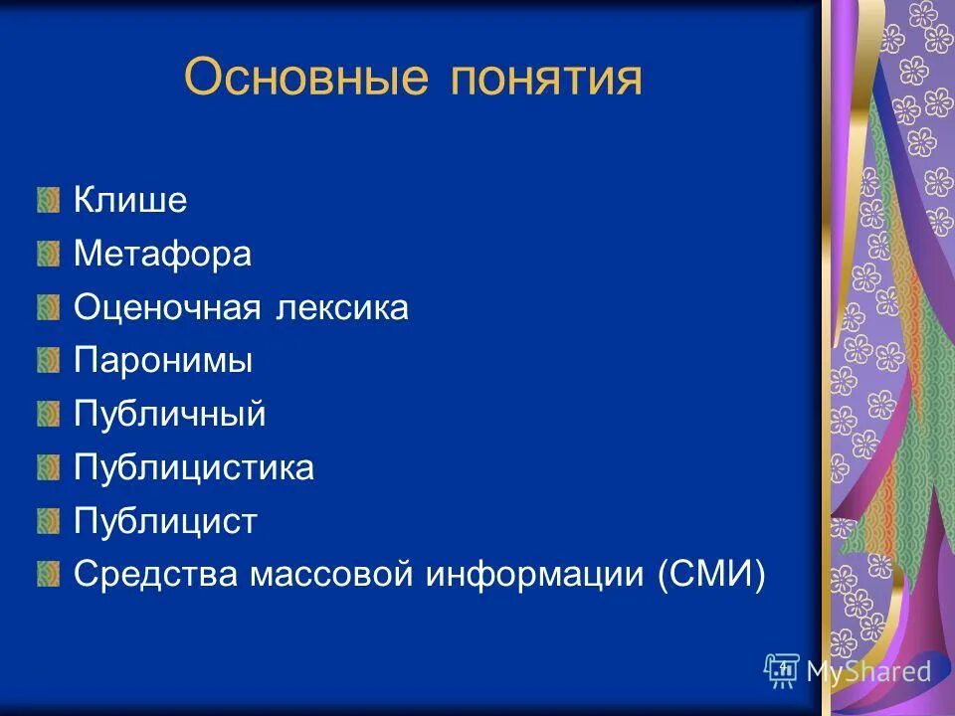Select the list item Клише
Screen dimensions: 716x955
(130, 200)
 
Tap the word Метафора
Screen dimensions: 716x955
(162, 254)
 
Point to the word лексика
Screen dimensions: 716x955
(338, 307)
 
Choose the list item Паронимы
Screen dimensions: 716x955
(163, 361)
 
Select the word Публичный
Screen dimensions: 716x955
(169, 415)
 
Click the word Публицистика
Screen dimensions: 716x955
(194, 467)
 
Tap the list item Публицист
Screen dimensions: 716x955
(165, 521)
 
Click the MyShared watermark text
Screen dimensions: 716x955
(867, 671)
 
